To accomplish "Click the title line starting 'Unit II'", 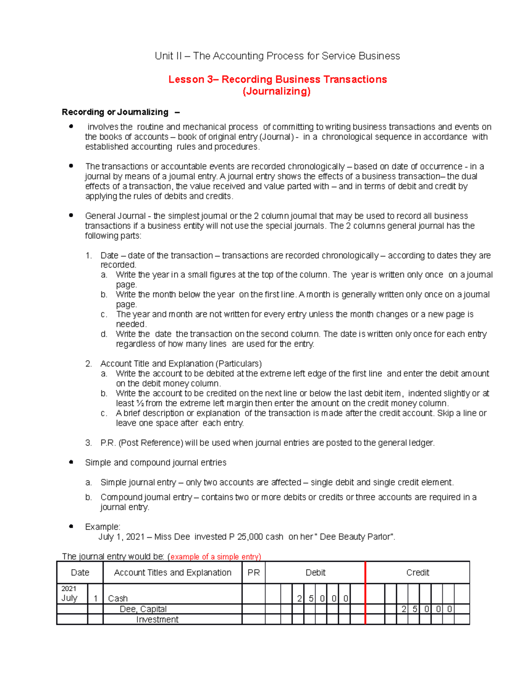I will [277, 56].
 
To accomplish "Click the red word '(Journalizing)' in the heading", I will [276, 91].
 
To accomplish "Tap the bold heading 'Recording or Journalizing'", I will [115, 112].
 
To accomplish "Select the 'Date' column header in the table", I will [80, 573].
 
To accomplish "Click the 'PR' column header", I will [253, 573].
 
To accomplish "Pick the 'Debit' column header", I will [315, 573].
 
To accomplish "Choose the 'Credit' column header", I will [417, 573].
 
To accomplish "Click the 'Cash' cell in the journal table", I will [118, 599].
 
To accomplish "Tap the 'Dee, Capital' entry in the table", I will [143, 609].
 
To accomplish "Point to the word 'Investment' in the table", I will [157, 620].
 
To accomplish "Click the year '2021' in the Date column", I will [69, 589].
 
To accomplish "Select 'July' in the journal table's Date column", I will [69, 598].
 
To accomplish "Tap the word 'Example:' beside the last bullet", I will [102, 527].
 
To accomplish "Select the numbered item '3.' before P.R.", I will [88, 443].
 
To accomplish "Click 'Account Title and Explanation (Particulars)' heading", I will [181, 364].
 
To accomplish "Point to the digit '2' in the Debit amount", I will [299, 599].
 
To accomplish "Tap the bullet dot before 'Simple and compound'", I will [71, 462].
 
